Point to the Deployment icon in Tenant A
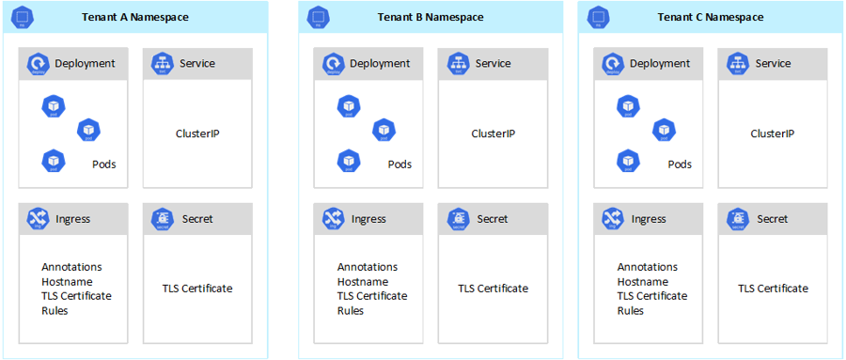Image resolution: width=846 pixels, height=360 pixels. (x=39, y=64)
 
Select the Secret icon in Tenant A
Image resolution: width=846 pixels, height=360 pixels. (x=161, y=219)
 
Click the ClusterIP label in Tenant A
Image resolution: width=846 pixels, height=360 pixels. (x=197, y=133)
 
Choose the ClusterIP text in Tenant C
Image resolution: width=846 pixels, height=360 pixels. (x=772, y=133)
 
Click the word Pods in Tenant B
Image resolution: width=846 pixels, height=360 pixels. (x=399, y=164)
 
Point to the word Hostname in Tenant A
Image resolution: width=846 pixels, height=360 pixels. (x=65, y=282)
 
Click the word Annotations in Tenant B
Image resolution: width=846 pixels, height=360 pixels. (x=368, y=267)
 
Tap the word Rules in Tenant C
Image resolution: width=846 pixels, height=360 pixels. (x=631, y=310)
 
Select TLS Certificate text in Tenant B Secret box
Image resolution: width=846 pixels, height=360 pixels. (x=493, y=289)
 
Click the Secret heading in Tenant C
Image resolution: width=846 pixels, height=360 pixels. (x=772, y=219)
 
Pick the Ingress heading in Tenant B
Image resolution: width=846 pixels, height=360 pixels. (x=368, y=219)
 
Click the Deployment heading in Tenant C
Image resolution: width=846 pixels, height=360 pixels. (x=659, y=64)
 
